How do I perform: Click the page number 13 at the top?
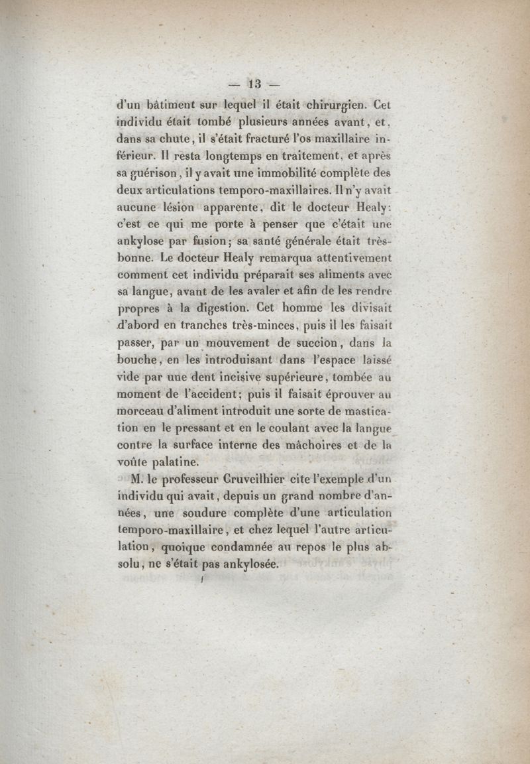(254, 84)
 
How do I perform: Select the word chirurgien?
(334, 104)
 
